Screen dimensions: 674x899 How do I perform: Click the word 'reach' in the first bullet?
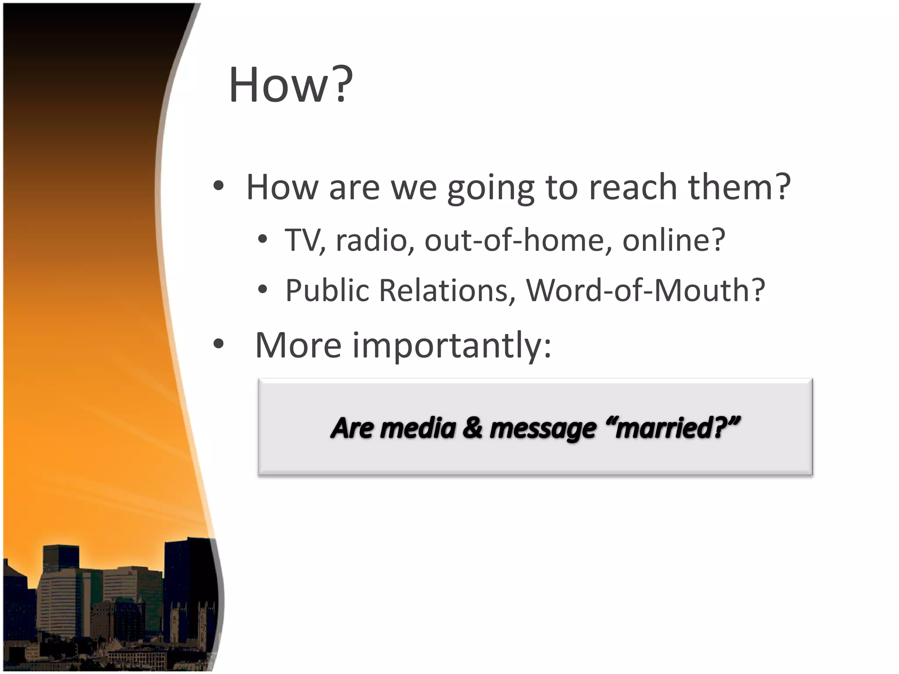click(x=633, y=187)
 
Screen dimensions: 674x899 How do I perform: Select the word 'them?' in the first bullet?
click(x=739, y=187)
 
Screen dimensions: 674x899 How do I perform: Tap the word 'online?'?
click(x=674, y=241)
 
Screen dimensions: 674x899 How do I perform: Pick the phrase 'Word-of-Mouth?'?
click(x=645, y=291)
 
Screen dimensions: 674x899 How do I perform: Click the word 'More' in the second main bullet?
click(x=298, y=346)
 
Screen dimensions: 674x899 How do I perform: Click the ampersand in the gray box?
click(x=472, y=428)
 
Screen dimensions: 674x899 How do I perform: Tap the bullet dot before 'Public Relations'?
click(x=263, y=290)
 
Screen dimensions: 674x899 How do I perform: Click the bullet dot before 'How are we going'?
click(x=218, y=186)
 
